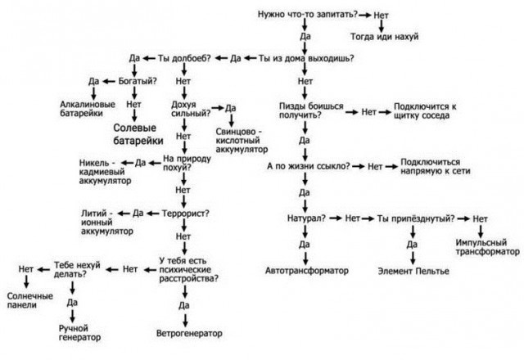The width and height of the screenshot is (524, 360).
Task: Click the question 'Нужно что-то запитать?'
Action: pyautogui.click(x=308, y=15)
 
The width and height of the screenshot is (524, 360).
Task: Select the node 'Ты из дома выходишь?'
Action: pyautogui.click(x=305, y=58)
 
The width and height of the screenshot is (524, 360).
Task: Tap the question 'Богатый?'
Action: pyautogui.click(x=138, y=81)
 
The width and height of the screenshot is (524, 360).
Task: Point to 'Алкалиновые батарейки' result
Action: pyautogui.click(x=88, y=109)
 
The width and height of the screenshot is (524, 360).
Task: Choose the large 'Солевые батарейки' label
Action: pyautogui.click(x=138, y=134)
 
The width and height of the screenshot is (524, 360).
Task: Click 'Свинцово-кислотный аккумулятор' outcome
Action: pyautogui.click(x=242, y=141)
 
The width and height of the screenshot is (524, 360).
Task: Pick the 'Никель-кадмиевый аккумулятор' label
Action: pyautogui.click(x=106, y=172)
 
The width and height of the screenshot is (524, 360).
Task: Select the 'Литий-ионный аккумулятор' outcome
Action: pyautogui.click(x=107, y=222)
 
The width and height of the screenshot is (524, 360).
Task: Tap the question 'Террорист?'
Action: pyautogui.click(x=186, y=214)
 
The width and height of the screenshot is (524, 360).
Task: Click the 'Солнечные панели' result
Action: pyautogui.click(x=30, y=300)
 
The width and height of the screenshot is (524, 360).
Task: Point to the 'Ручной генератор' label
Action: pyautogui.click(x=79, y=333)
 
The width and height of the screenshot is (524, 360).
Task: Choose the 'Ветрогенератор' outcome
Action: pyautogui.click(x=189, y=333)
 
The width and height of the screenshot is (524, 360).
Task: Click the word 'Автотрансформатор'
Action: pyautogui.click(x=307, y=271)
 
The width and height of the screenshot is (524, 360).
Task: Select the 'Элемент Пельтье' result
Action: pyautogui.click(x=413, y=271)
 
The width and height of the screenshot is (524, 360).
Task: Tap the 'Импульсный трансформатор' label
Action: pyautogui.click(x=488, y=247)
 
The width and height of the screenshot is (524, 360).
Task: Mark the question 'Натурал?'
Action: pyautogui.click(x=306, y=218)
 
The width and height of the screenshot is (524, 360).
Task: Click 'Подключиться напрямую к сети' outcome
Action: pyautogui.click(x=436, y=166)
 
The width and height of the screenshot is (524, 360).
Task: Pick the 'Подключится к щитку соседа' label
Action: pyautogui.click(x=425, y=111)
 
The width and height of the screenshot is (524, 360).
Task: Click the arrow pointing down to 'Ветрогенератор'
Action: pyautogui.click(x=185, y=320)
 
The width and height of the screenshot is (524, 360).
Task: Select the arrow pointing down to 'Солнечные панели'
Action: pyautogui.click(x=26, y=281)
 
